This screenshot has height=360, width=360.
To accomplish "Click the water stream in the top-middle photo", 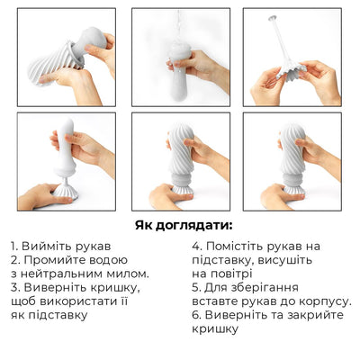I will (180, 31).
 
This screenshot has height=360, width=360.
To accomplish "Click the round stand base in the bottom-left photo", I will (65, 192).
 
